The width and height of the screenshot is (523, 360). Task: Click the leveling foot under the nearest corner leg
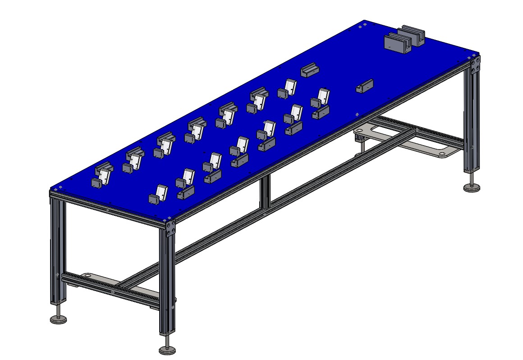point(167,349)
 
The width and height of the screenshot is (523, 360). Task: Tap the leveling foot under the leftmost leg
point(58,319)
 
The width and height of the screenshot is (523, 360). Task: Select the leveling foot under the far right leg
point(472,187)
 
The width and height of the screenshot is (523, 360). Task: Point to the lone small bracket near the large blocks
point(365,86)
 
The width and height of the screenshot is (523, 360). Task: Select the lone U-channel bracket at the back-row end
point(311,71)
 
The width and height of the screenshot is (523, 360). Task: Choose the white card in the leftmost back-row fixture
point(105,176)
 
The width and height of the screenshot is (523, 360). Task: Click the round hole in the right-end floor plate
point(442,154)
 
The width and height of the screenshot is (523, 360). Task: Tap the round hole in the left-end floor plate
point(87,275)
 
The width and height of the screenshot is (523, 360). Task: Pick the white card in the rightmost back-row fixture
point(290,87)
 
